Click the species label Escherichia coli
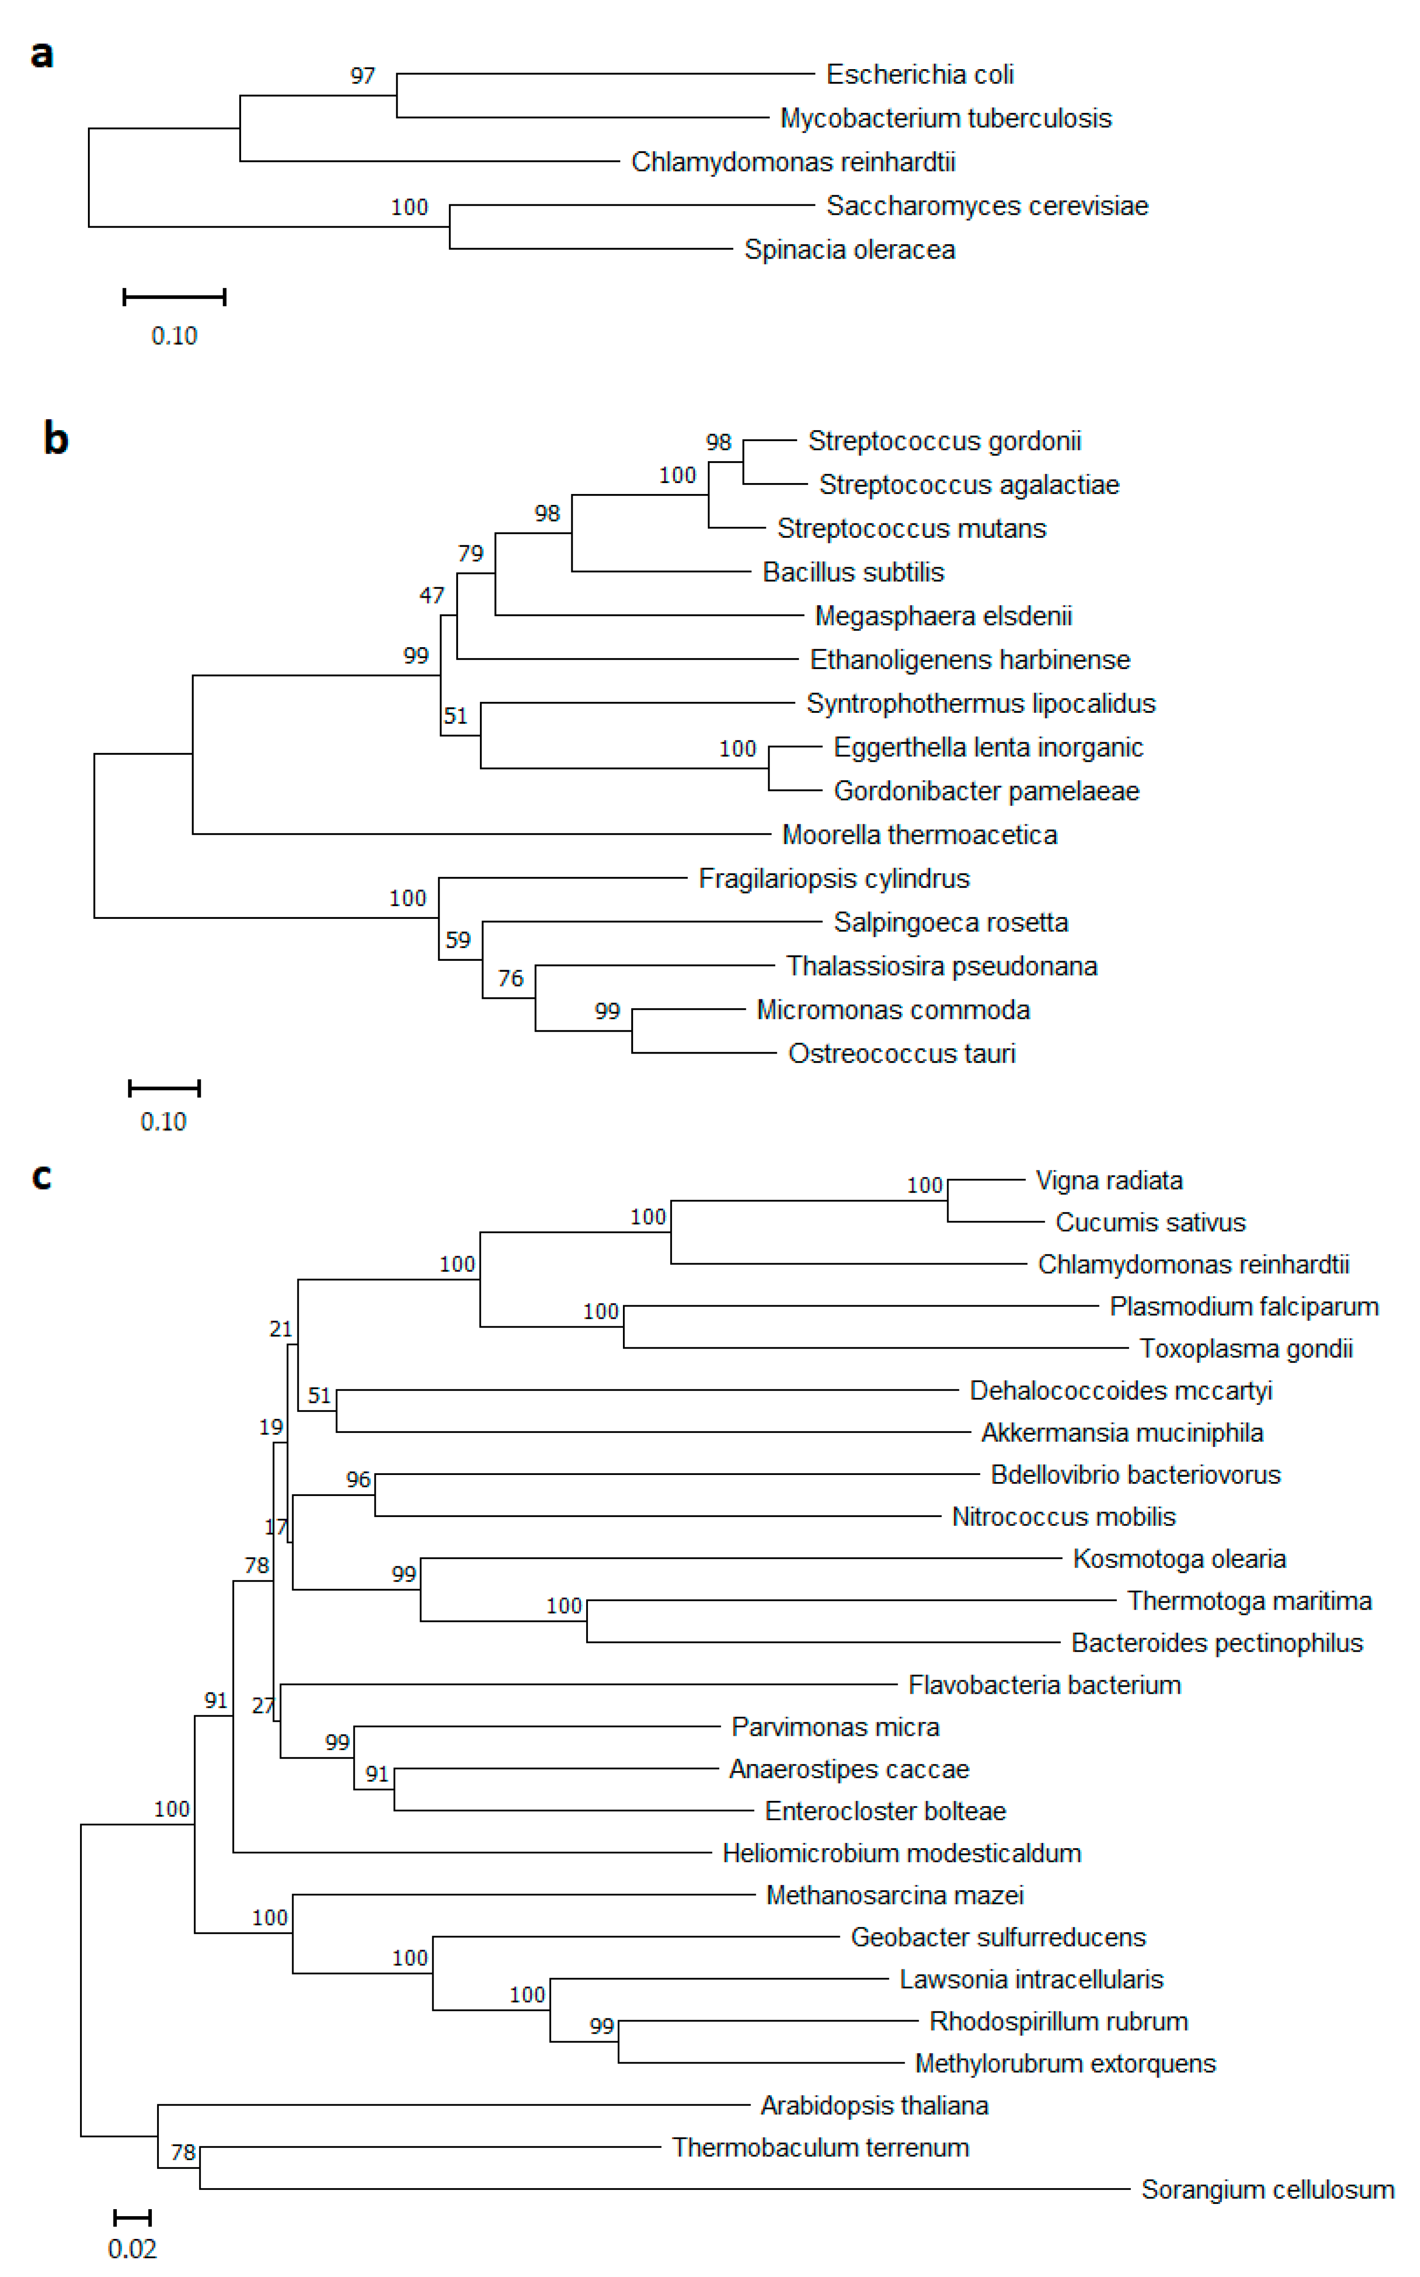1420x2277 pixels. coord(920,74)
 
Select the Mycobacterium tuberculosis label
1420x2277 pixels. coord(946,119)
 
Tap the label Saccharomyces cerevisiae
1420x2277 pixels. coord(987,206)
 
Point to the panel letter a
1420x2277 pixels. coord(41,55)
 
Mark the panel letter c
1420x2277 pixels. coord(41,1176)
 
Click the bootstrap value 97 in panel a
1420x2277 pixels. coord(363,76)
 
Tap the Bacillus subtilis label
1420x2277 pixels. coord(853,572)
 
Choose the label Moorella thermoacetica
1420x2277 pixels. coord(920,834)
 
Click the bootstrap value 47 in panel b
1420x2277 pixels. coord(431,596)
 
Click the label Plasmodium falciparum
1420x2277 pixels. coord(1243,1307)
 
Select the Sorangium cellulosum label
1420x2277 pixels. coord(1267,2189)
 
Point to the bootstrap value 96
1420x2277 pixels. coord(358,1479)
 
